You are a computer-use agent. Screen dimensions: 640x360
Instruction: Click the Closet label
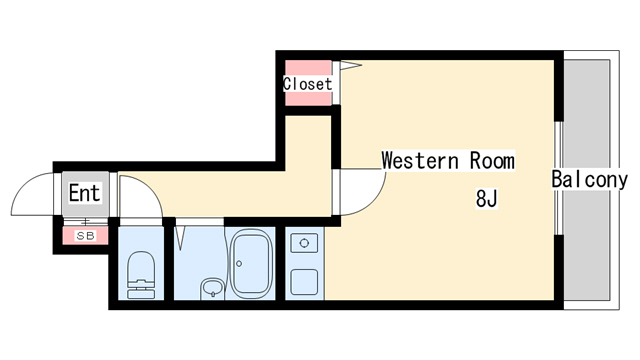[308, 84]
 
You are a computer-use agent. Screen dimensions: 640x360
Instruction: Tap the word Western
[420, 160]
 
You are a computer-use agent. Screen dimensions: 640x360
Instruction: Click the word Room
[492, 160]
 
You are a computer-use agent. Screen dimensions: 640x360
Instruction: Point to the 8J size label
[487, 199]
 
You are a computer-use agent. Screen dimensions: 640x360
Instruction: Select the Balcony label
[589, 179]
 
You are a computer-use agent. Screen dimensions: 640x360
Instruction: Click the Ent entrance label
[84, 193]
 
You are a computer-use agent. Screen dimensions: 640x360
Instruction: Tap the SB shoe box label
[86, 236]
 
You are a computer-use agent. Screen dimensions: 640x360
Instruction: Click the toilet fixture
[141, 275]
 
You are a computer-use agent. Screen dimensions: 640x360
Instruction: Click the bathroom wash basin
[212, 289]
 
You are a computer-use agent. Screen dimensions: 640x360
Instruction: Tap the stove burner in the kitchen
[304, 243]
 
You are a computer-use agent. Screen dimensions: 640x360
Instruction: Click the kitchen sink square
[304, 282]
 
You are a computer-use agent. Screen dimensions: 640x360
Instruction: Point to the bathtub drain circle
[239, 264]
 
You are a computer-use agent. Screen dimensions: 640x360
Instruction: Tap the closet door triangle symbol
[351, 65]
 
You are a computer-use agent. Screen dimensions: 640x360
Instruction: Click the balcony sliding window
[559, 178]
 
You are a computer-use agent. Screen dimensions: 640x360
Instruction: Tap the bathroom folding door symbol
[180, 238]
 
